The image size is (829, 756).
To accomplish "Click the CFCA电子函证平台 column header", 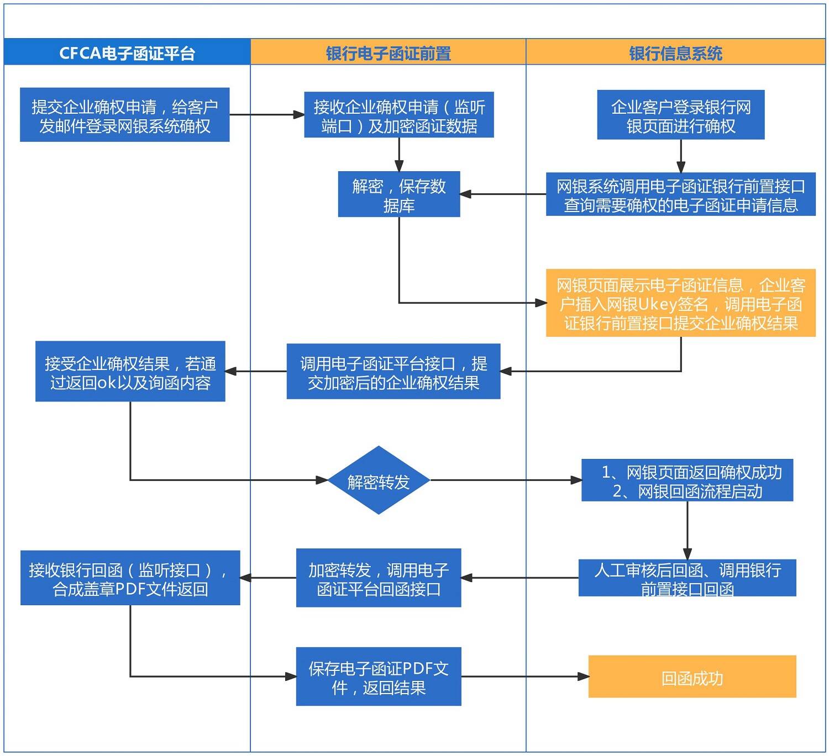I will [x=127, y=53].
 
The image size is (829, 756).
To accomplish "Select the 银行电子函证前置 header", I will [x=388, y=53].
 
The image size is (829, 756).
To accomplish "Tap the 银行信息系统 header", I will [x=675, y=53].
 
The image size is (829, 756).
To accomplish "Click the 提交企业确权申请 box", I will [x=124, y=115].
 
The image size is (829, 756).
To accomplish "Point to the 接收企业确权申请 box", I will [x=398, y=115].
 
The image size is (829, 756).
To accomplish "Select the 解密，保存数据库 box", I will [x=398, y=194].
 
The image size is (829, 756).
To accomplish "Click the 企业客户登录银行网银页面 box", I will [x=680, y=115].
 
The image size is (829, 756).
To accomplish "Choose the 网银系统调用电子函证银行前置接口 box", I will [x=680, y=194].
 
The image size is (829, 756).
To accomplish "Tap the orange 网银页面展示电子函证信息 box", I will [x=680, y=303].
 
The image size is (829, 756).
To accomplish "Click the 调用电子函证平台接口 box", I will [x=393, y=372].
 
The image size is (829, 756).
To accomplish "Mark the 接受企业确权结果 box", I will [x=130, y=372].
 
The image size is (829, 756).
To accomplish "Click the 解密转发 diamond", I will [x=378, y=480].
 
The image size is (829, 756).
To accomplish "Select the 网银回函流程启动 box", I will [x=687, y=480].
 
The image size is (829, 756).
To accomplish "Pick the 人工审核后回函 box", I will [x=687, y=578].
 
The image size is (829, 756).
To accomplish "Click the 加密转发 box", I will [x=378, y=578].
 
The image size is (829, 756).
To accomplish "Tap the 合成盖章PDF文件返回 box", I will [x=130, y=578].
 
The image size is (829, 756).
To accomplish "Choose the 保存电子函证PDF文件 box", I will [x=378, y=676].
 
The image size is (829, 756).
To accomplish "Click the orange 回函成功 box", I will [x=692, y=676].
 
